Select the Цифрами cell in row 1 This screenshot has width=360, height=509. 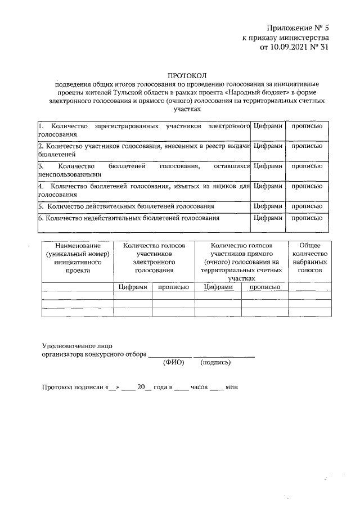coord(268,126)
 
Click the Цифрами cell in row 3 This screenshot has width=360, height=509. coord(268,166)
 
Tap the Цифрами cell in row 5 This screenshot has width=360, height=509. coord(268,206)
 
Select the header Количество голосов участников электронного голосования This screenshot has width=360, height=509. coord(154,258)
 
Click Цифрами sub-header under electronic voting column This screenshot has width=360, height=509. coord(133,287)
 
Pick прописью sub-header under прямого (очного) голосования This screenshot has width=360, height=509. coord(264,287)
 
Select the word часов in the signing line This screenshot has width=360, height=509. coord(199,387)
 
